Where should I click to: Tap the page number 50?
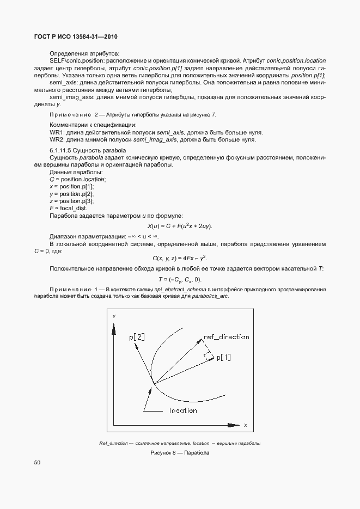click(x=37, y=463)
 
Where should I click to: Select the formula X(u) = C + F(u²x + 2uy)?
click(x=180, y=226)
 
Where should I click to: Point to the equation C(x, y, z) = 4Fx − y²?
click(x=180, y=257)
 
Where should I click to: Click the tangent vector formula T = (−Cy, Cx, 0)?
click(x=180, y=279)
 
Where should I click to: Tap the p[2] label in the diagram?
click(x=137, y=338)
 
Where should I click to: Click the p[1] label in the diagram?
click(x=224, y=358)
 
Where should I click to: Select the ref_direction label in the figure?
click(x=226, y=337)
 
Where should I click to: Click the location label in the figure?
click(x=183, y=410)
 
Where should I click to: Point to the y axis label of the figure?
click(x=114, y=316)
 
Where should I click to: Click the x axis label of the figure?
click(x=245, y=425)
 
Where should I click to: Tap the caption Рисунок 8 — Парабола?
click(x=180, y=453)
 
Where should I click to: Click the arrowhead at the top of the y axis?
click(x=114, y=327)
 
